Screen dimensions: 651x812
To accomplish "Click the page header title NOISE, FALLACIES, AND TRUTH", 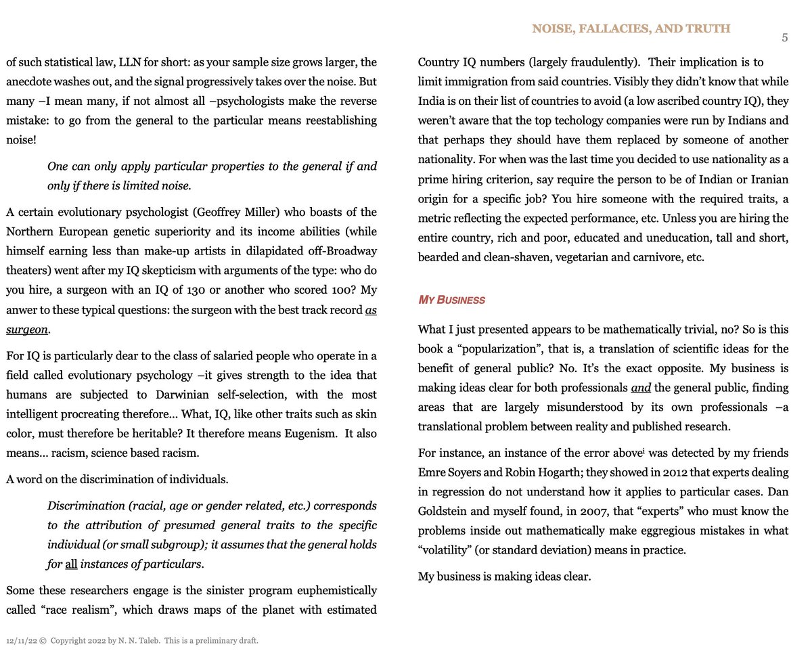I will (x=631, y=28).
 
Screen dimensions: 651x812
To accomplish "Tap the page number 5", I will (x=784, y=38).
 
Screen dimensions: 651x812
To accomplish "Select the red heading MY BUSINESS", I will (x=451, y=300).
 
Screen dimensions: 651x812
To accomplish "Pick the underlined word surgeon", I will (x=27, y=330).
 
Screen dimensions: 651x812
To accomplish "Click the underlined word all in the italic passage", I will (x=71, y=564).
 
